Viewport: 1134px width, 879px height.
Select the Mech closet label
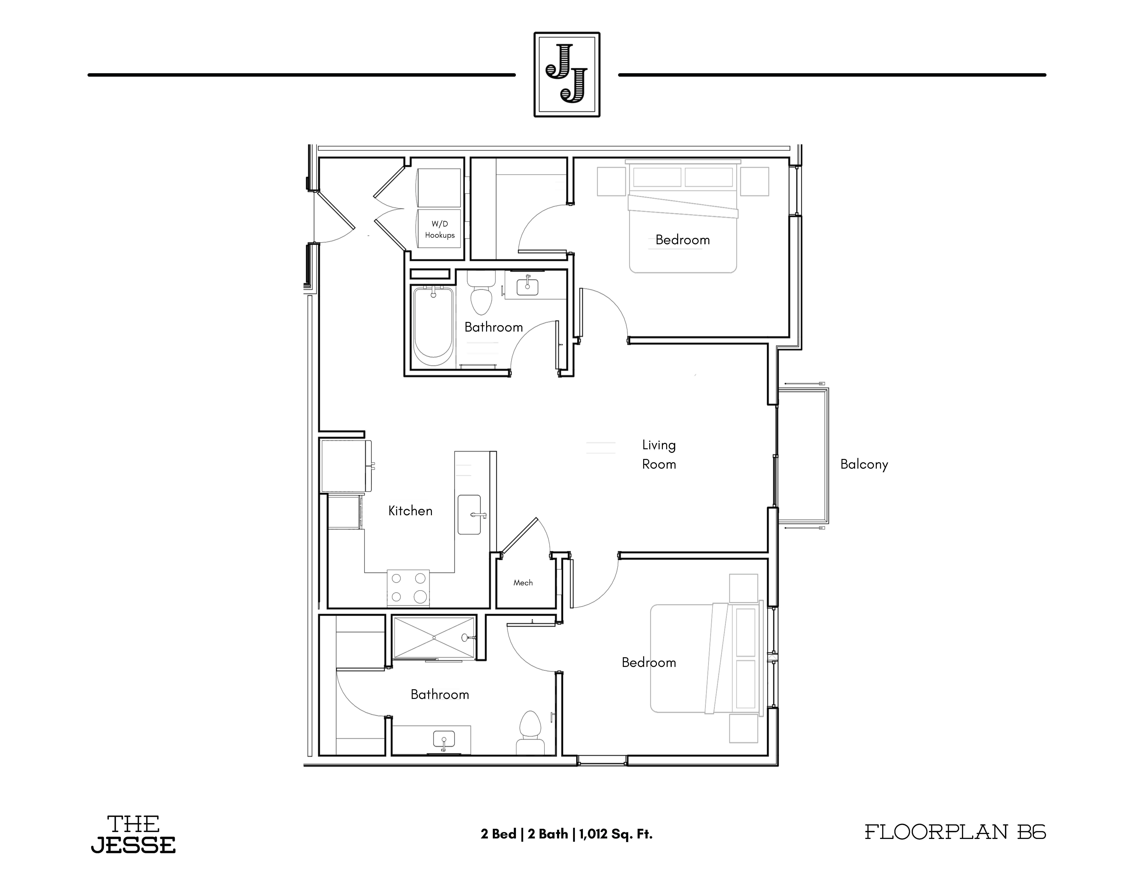523,583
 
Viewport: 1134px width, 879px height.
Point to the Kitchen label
410,511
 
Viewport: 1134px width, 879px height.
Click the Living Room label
659,454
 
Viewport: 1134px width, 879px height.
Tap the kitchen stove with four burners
408,588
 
